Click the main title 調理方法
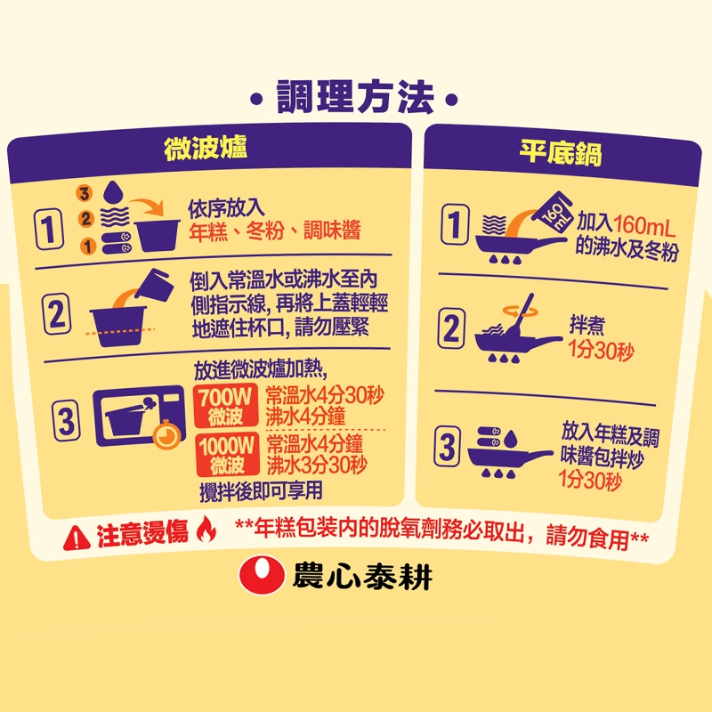coord(355,97)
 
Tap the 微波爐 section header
coord(206,148)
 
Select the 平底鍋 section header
coord(562,152)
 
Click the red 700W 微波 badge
coord(226,406)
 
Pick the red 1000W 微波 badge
coord(227,455)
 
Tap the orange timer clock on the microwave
coord(166,435)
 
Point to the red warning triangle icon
coord(77,538)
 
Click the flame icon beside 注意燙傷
coord(206,529)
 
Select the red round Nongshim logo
coord(262,575)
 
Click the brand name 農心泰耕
coord(362,577)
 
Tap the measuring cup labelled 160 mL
coord(552,213)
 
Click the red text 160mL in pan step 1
coord(644,226)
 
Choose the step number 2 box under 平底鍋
coord(451,328)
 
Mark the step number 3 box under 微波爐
coord(66,421)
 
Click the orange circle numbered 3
coord(84,193)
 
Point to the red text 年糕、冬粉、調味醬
coord(275,231)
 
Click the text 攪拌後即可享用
coord(261,491)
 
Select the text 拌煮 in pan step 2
coord(587,325)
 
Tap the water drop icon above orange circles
coord(114,192)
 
